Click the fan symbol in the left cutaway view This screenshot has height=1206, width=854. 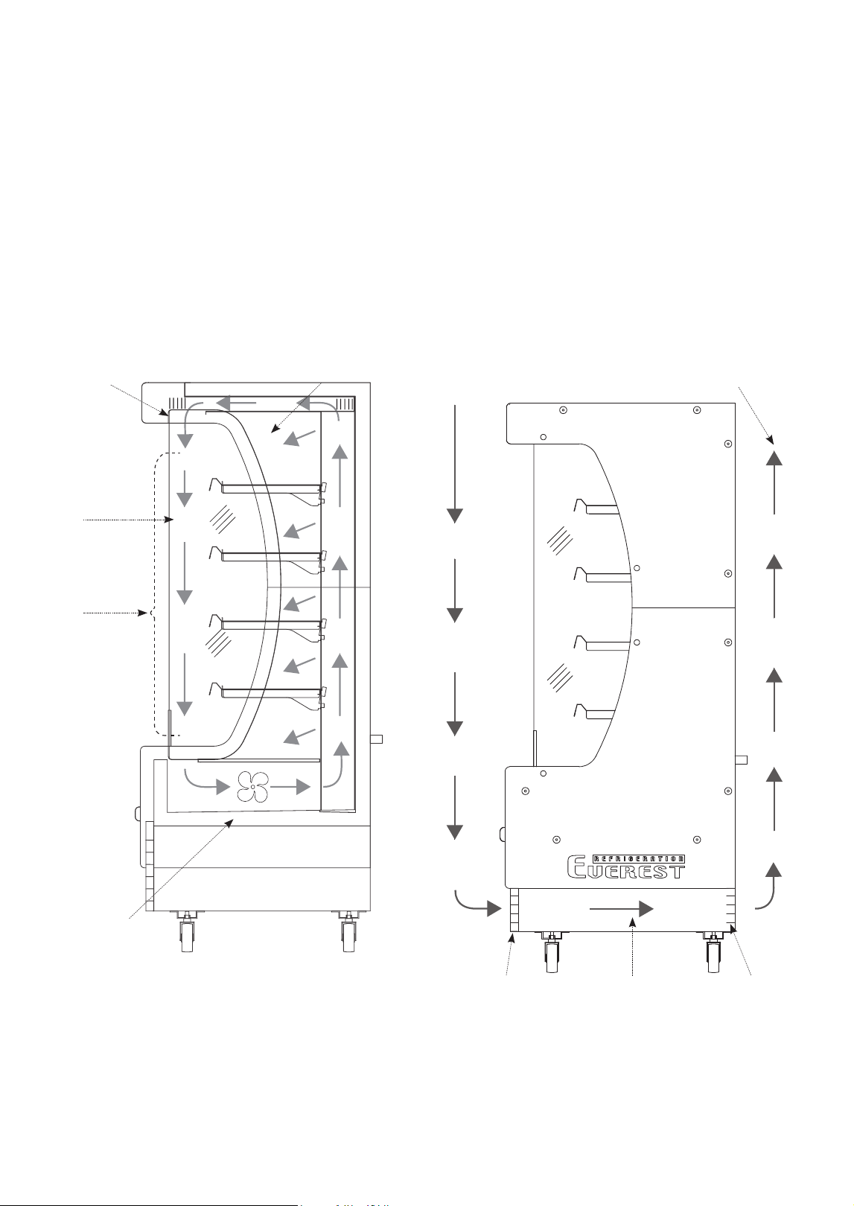coord(252,787)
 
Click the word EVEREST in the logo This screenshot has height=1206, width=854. coord(626,870)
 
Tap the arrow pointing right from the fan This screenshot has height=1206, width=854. coord(290,787)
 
